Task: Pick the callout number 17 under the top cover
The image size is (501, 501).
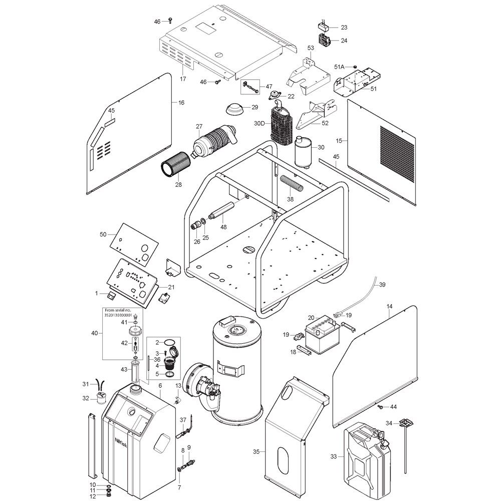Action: [183, 79]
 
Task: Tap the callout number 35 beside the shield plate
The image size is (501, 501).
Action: [256, 452]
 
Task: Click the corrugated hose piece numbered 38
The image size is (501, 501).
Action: [291, 183]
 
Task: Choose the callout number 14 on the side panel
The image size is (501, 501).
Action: [389, 307]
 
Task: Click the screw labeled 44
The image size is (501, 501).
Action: [381, 406]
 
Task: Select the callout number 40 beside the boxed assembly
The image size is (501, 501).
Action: [95, 333]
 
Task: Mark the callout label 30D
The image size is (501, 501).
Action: [260, 123]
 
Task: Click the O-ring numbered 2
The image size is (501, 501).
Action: [170, 343]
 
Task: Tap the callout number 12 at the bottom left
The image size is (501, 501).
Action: [93, 496]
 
